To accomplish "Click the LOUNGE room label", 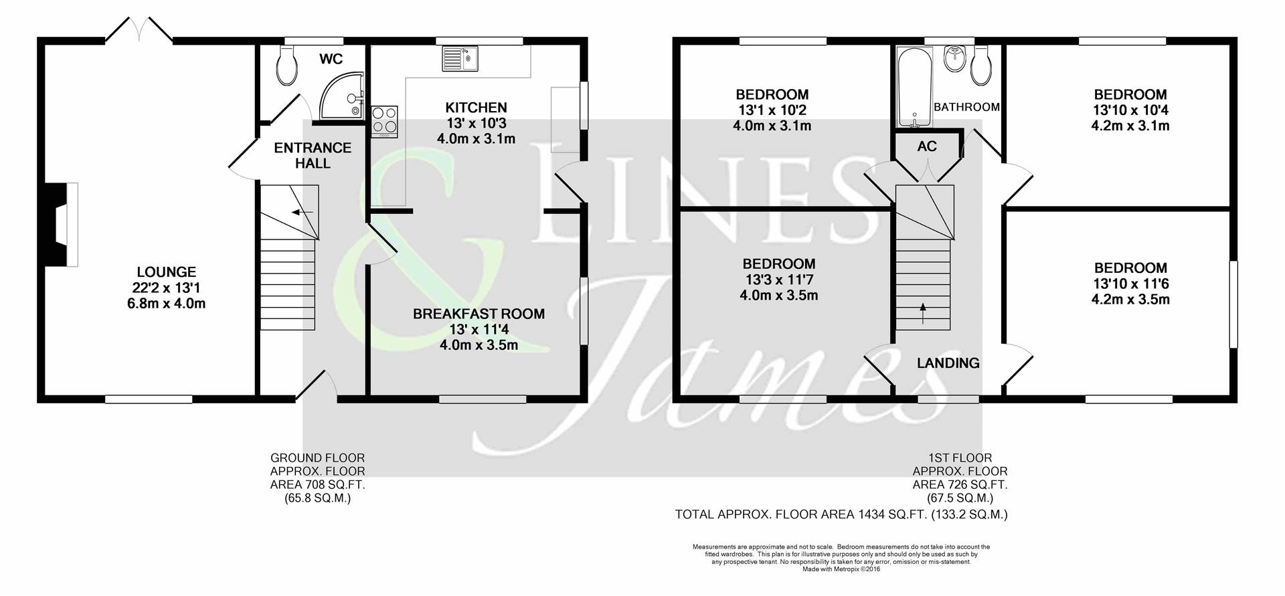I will (166, 272).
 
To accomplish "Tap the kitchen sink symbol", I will (459, 58).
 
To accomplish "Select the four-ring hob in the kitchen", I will (384, 120).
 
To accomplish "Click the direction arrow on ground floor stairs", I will (303, 212).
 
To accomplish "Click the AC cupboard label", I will (927, 146).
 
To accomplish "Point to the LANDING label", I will (948, 363).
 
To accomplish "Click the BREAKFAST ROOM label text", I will (479, 314).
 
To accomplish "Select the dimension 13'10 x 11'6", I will (1130, 284).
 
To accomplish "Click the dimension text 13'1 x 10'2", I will (772, 110).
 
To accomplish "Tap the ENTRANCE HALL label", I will (313, 155).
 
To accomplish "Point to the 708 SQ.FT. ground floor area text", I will (317, 485).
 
